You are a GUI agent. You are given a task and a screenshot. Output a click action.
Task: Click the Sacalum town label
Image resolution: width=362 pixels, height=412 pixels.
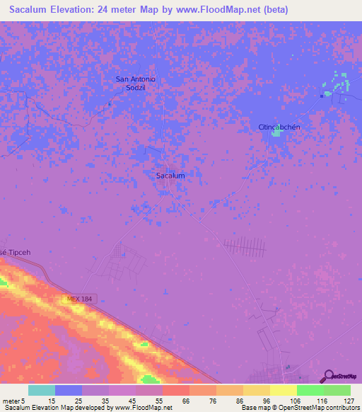pyautogui.click(x=170, y=175)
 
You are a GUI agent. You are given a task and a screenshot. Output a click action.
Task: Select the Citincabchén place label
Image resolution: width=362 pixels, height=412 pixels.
pyautogui.click(x=279, y=127)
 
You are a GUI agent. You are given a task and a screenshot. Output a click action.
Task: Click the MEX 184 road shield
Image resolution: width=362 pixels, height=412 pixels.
pyautogui.click(x=81, y=299)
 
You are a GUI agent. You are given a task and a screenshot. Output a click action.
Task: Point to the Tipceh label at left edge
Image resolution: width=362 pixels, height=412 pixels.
pyautogui.click(x=13, y=253)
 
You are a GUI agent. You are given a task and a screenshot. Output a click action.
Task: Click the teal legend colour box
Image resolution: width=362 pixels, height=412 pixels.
pyautogui.click(x=41, y=390)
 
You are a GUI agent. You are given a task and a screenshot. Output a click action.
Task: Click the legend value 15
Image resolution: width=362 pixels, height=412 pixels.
pyautogui.click(x=52, y=401)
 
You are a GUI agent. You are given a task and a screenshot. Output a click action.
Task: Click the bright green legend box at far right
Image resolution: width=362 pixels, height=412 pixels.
pyautogui.click(x=337, y=390)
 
